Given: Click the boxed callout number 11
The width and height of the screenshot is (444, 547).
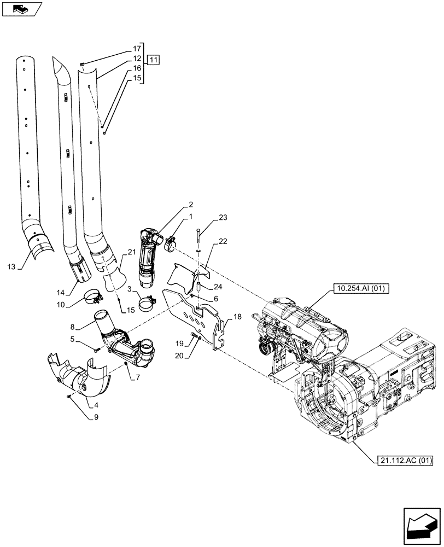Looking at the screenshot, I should coord(154,60).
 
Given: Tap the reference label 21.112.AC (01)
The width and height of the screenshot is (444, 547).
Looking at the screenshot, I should coord(405,461).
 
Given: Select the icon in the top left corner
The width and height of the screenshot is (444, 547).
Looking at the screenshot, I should coord(22,9).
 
